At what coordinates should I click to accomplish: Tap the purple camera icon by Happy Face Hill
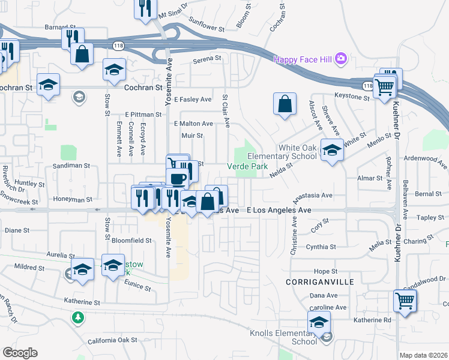click(341, 58)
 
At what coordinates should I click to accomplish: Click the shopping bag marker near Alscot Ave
click(285, 104)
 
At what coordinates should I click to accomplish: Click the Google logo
click(19, 352)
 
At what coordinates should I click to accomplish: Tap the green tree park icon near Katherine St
click(77, 316)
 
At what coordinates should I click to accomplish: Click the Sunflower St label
click(206, 28)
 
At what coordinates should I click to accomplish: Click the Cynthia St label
click(321, 247)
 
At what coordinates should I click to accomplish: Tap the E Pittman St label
click(143, 114)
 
